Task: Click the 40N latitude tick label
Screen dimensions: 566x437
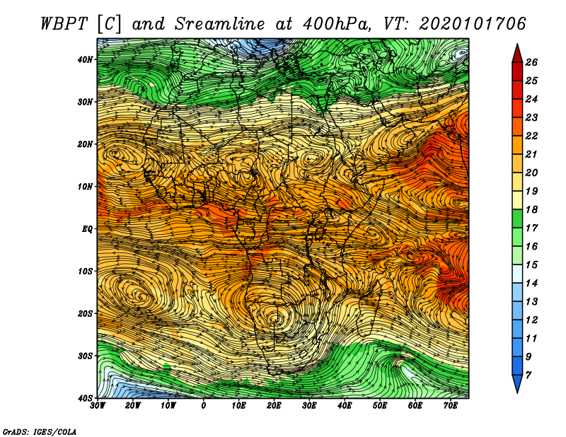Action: [x=85, y=59]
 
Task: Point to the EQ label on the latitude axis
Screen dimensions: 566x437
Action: [x=87, y=229]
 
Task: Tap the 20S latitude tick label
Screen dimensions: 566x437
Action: [x=85, y=313]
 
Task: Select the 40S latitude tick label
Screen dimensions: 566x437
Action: [x=85, y=398]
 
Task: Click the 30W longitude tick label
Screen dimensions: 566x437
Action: [x=98, y=406]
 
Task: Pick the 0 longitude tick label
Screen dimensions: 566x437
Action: [x=203, y=406]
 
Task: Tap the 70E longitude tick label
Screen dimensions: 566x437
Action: [x=450, y=406]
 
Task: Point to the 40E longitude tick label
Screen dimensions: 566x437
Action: [x=345, y=406]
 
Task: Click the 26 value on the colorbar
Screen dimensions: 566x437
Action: [x=531, y=62]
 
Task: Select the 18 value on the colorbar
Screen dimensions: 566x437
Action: [x=531, y=209]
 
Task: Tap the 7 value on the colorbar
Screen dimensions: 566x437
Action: [x=528, y=375]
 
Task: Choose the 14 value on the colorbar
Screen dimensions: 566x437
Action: [x=531, y=284]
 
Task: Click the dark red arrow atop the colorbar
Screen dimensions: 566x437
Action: [x=517, y=54]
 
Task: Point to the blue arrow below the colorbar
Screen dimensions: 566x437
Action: [x=517, y=384]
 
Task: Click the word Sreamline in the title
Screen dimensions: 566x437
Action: [x=220, y=24]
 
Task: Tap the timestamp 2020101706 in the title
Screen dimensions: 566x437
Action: [x=472, y=24]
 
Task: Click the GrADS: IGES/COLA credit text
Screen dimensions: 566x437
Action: [x=40, y=431]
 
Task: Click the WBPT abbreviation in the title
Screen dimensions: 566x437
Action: [x=64, y=24]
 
